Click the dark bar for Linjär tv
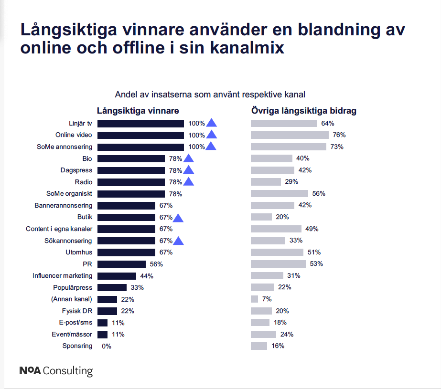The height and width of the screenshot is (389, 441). [x=140, y=123]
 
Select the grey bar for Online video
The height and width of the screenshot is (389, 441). [x=290, y=135]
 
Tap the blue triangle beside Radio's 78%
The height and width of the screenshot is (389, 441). [x=189, y=182]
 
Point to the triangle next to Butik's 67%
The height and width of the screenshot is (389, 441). [x=179, y=218]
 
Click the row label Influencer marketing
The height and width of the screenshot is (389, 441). [x=62, y=276]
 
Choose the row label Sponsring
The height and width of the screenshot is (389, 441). [x=77, y=346]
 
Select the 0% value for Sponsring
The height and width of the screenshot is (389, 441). [x=107, y=346]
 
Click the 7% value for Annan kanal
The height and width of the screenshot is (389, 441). [x=267, y=299]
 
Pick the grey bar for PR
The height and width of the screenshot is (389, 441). [x=278, y=264]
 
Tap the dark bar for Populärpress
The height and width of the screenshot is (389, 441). [x=112, y=287]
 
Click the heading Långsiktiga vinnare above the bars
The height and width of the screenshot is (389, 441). [x=138, y=111]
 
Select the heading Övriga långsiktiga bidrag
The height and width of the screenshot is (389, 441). [x=304, y=111]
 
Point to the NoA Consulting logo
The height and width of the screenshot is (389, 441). [x=56, y=371]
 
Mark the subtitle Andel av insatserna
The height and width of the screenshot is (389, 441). [x=210, y=94]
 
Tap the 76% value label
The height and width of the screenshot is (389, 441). [x=339, y=135]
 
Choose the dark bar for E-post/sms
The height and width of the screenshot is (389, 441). [x=102, y=323]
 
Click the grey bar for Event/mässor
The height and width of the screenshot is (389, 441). [x=263, y=334]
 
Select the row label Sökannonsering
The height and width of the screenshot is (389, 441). [x=67, y=241]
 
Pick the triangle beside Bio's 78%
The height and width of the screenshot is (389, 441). [x=189, y=158]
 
